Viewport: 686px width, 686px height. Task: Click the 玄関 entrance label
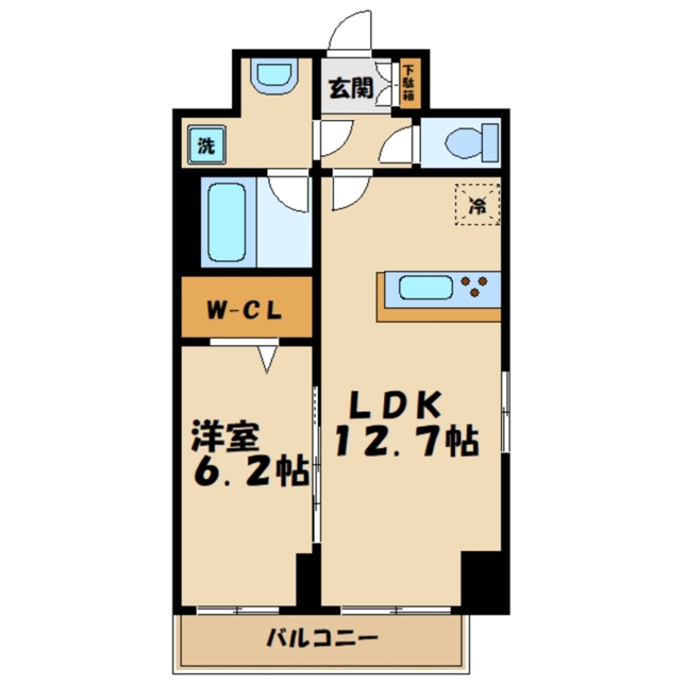tap(351, 88)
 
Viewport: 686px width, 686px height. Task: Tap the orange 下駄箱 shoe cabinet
tap(408, 84)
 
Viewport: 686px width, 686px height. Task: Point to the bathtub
tap(227, 221)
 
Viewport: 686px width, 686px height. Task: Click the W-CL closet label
tap(246, 309)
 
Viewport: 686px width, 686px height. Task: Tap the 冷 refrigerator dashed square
tap(479, 202)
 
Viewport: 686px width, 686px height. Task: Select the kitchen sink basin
tap(425, 287)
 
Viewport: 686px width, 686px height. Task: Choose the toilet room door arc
tap(396, 145)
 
